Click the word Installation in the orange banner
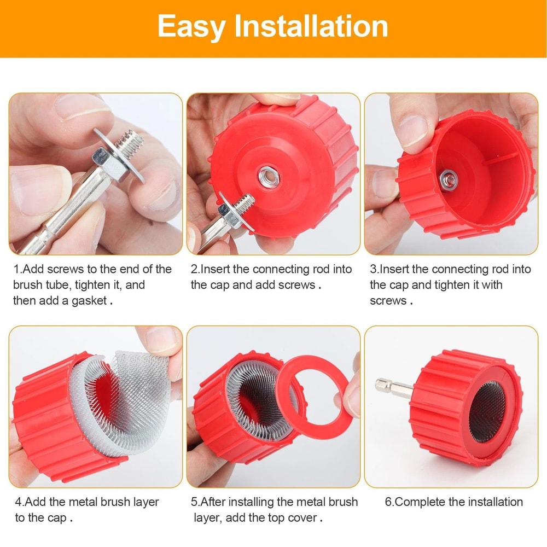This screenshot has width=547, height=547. click(x=311, y=26)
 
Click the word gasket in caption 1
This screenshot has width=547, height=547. click(x=90, y=301)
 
